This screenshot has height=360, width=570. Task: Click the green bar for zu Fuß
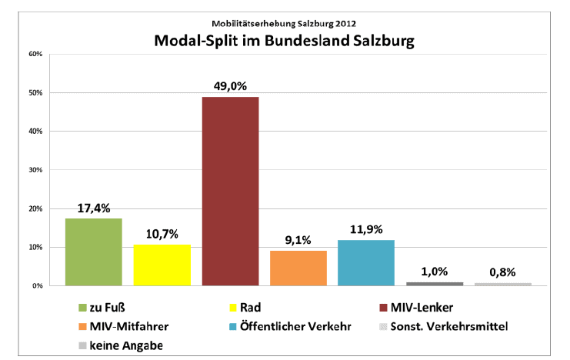point(94,252)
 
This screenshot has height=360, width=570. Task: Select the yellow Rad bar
point(162,265)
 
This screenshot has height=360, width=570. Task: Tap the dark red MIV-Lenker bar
point(230,191)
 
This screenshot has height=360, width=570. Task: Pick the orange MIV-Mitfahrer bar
point(298,268)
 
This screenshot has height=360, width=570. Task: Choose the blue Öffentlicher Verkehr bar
point(366,262)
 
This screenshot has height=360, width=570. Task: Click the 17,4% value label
point(94,208)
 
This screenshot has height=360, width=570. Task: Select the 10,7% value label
point(162,234)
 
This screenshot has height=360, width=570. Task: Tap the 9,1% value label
point(298,240)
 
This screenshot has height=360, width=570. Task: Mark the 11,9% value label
point(366,229)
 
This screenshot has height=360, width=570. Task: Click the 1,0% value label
point(435,271)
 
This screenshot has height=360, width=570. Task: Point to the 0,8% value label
point(503,272)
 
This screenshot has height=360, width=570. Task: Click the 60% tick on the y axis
point(34,54)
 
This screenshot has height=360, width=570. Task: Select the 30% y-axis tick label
point(34,170)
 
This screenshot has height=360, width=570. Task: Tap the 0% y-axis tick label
point(35,285)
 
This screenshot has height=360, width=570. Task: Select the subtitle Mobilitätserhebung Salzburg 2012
point(284,22)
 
